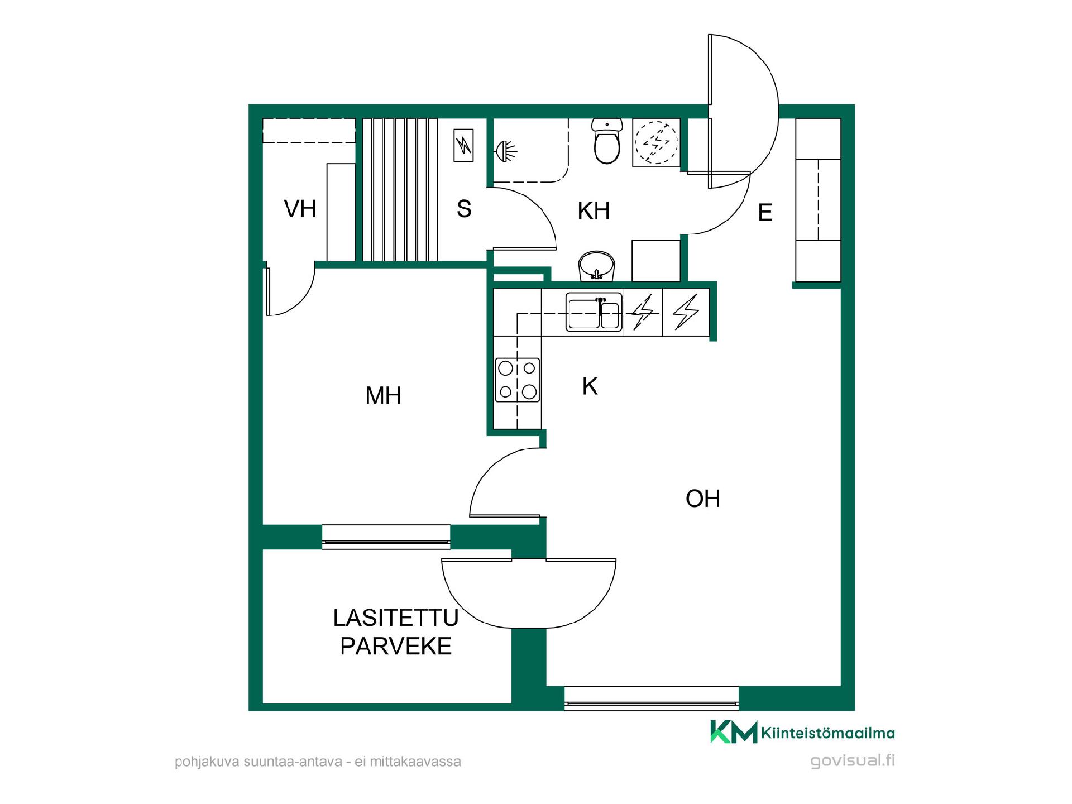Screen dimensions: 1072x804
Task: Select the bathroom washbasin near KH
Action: pyautogui.click(x=597, y=266)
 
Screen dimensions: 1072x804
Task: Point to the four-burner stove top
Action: pyautogui.click(x=518, y=380)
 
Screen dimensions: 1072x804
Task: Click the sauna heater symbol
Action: pyautogui.click(x=463, y=146)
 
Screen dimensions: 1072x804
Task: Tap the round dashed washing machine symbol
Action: pyautogui.click(x=657, y=142)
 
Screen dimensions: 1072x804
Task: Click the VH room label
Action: pyautogui.click(x=300, y=209)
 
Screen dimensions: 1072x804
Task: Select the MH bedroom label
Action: pyautogui.click(x=384, y=396)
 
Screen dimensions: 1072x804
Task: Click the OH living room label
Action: pyautogui.click(x=703, y=499)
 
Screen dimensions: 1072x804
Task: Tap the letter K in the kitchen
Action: pyautogui.click(x=590, y=386)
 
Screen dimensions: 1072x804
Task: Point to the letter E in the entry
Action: pyautogui.click(x=765, y=213)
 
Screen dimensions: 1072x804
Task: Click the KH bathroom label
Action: pyautogui.click(x=594, y=211)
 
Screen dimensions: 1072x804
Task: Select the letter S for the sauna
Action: pyautogui.click(x=464, y=209)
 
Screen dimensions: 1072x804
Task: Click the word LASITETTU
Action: pyautogui.click(x=396, y=618)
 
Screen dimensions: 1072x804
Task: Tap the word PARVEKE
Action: pyautogui.click(x=396, y=647)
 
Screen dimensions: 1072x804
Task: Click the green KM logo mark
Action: pyautogui.click(x=734, y=732)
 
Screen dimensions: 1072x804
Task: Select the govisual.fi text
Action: pyautogui.click(x=853, y=760)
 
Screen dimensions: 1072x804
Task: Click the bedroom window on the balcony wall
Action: pyautogui.click(x=386, y=537)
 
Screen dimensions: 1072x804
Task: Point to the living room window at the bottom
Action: pyautogui.click(x=652, y=698)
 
